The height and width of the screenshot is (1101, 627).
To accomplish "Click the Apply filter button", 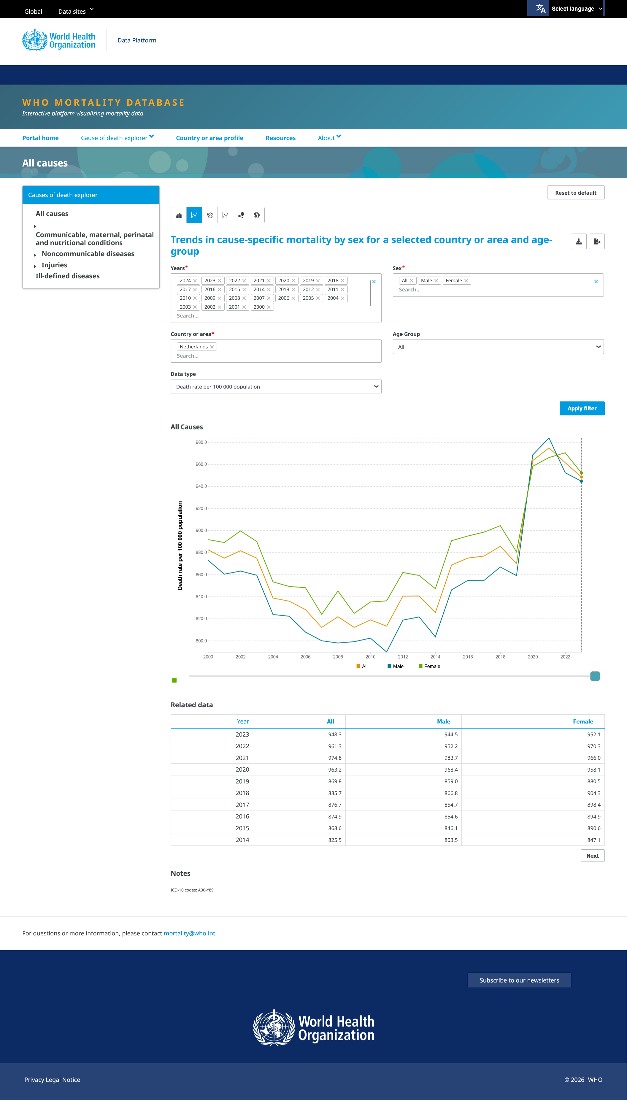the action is tap(582, 408).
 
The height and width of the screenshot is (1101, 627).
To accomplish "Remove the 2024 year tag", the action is tap(195, 281).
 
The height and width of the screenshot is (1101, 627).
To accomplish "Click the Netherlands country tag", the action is tap(194, 347).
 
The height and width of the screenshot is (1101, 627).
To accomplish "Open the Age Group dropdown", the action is tap(498, 347).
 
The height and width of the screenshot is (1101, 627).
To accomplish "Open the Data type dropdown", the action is tap(276, 387).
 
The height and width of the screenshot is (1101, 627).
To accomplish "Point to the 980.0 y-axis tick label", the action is tap(201, 442).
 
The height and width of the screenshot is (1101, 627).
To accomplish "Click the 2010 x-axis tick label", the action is tap(370, 657).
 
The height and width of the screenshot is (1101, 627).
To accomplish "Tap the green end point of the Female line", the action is tap(581, 473).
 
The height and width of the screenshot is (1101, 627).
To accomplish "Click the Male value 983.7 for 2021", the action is tap(451, 758).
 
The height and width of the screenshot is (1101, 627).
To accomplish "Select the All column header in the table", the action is tap(330, 721).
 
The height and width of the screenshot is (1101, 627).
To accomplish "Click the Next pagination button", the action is tap(592, 856).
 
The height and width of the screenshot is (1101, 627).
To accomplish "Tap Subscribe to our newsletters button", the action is tap(519, 980).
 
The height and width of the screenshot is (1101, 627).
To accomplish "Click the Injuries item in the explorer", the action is tap(54, 265).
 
